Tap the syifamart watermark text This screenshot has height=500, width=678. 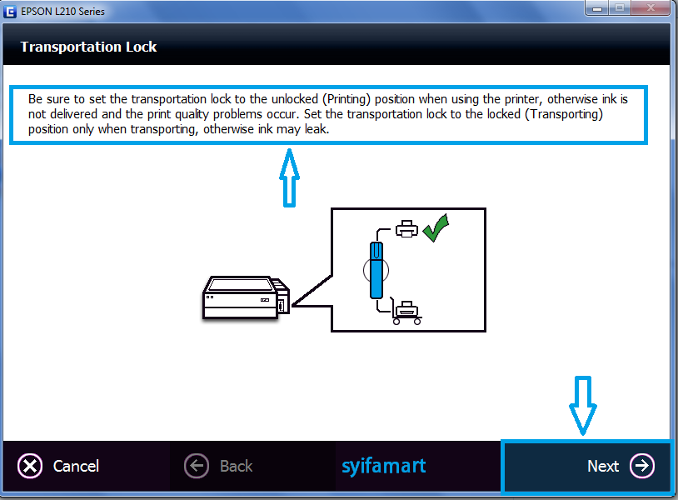pyautogui.click(x=383, y=465)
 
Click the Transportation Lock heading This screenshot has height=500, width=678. pyautogui.click(x=88, y=47)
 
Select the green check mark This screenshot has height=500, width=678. pyautogui.click(x=436, y=228)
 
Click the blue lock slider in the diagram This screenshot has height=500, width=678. pyautogui.click(x=376, y=269)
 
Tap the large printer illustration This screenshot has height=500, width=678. pyautogui.click(x=246, y=297)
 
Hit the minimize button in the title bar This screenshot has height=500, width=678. pyautogui.click(x=596, y=8)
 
